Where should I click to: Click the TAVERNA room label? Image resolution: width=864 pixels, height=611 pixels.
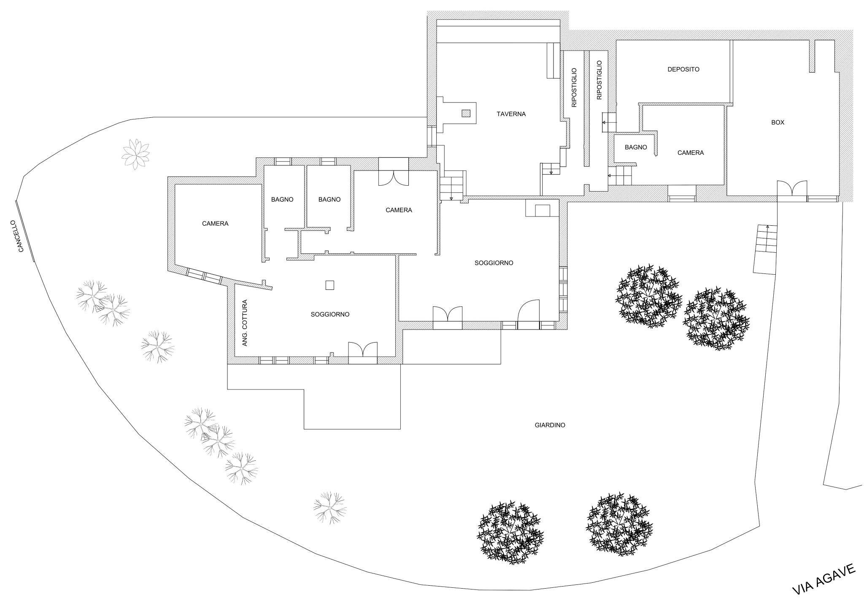pyautogui.click(x=511, y=114)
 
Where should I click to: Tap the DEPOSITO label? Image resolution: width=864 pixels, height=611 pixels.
pyautogui.click(x=683, y=69)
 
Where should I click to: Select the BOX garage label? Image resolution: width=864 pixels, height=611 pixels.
pyautogui.click(x=778, y=122)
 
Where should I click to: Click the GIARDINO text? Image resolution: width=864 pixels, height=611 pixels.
pyautogui.click(x=550, y=425)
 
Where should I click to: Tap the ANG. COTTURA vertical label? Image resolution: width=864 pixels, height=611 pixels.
pyautogui.click(x=245, y=323)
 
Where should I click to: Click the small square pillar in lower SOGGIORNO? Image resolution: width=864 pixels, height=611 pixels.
pyautogui.click(x=330, y=286)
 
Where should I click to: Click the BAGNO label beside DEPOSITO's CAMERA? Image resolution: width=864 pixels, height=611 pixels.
pyautogui.click(x=636, y=147)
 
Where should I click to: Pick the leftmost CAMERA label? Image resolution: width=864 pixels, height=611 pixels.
pyautogui.click(x=215, y=224)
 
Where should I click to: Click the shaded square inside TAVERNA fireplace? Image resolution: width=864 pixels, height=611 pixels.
pyautogui.click(x=466, y=113)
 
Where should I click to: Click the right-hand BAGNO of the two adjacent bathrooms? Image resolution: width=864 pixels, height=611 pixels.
pyautogui.click(x=329, y=200)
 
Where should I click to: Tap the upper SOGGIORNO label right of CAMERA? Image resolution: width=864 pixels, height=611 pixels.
pyautogui.click(x=494, y=263)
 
